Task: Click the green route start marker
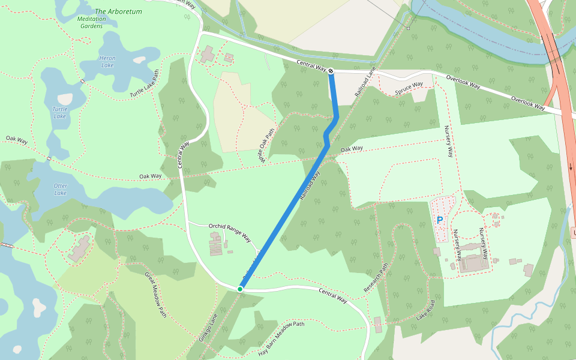[240, 289]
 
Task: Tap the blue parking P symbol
[440, 220]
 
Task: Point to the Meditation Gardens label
[91, 22]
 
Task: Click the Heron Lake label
[107, 61]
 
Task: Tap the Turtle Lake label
[60, 112]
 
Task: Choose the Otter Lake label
[61, 189]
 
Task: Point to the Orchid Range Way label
[229, 231]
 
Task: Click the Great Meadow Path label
[155, 294]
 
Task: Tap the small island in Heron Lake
[139, 59]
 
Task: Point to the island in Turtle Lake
[64, 98]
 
